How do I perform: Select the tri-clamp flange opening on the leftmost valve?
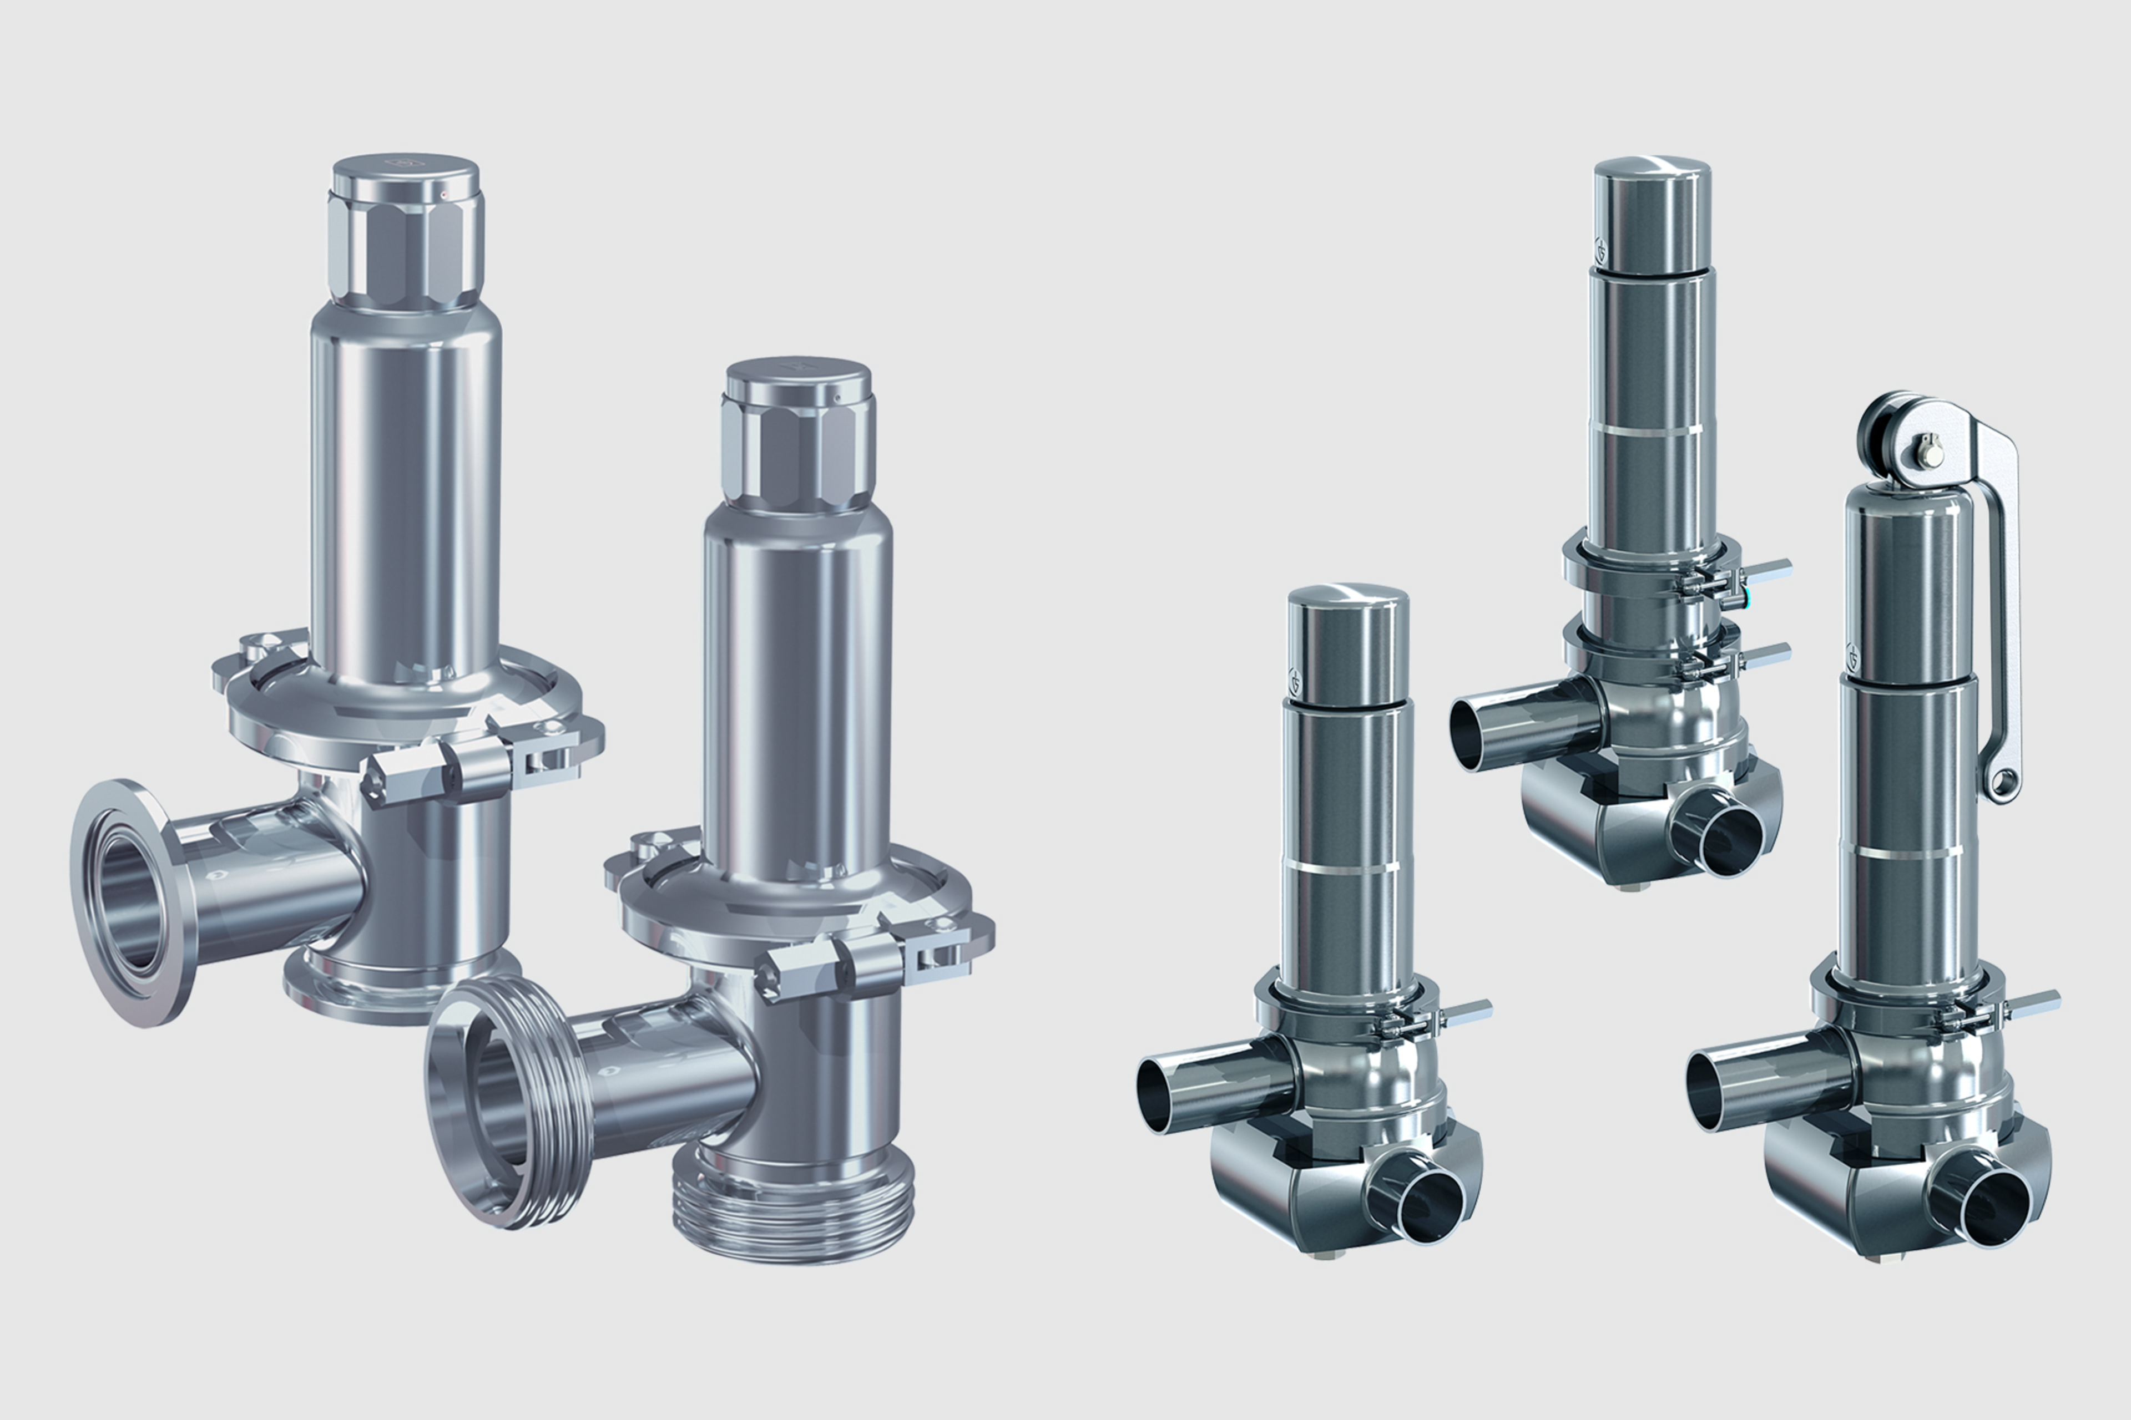[x=127, y=903]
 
